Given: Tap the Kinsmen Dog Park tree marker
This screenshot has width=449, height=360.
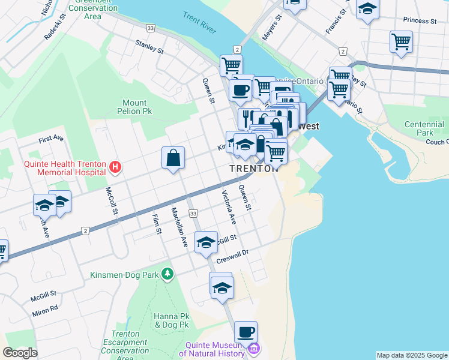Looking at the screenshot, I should pos(167,275).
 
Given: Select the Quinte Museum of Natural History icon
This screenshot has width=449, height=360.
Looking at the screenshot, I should pos(254,349).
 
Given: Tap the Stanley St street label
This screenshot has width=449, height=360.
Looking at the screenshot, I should pos(149,46).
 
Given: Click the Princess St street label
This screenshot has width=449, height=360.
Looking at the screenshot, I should pos(420,20).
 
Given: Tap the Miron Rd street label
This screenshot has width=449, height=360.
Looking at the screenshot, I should pos(46,308).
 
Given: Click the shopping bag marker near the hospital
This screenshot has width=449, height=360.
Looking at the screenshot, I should pos(173,158).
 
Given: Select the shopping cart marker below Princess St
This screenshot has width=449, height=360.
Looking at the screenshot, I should pos(401,42).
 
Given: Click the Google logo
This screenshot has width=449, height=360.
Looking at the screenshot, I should pos(20,353).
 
